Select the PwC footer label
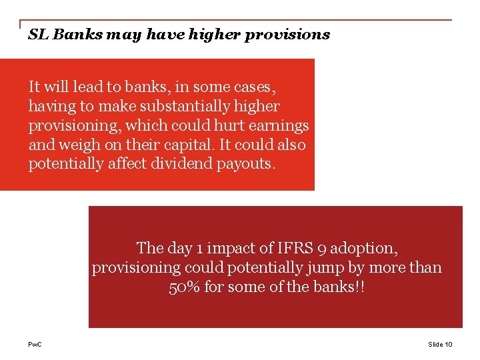[x=35, y=344]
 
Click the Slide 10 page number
[x=440, y=344]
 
